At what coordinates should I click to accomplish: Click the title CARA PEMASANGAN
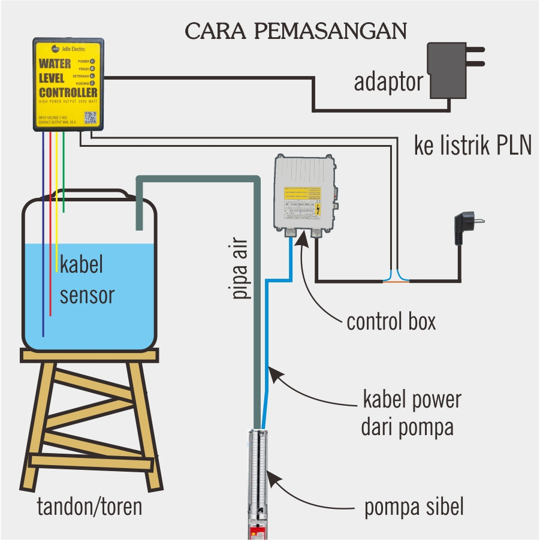point(296,31)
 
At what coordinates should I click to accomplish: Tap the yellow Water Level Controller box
point(68,84)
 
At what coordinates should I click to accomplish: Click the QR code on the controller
point(90,117)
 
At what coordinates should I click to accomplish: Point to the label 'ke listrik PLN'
point(473,146)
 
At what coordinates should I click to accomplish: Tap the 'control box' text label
point(391,322)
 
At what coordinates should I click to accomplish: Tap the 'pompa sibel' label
point(414,508)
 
